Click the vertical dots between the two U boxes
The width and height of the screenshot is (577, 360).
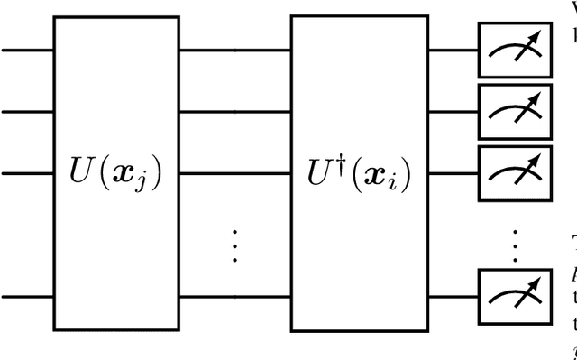234,245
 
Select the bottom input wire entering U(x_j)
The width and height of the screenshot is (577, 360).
27,295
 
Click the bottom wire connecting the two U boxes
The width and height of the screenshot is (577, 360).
234,295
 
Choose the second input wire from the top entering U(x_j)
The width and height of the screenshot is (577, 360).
27,111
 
